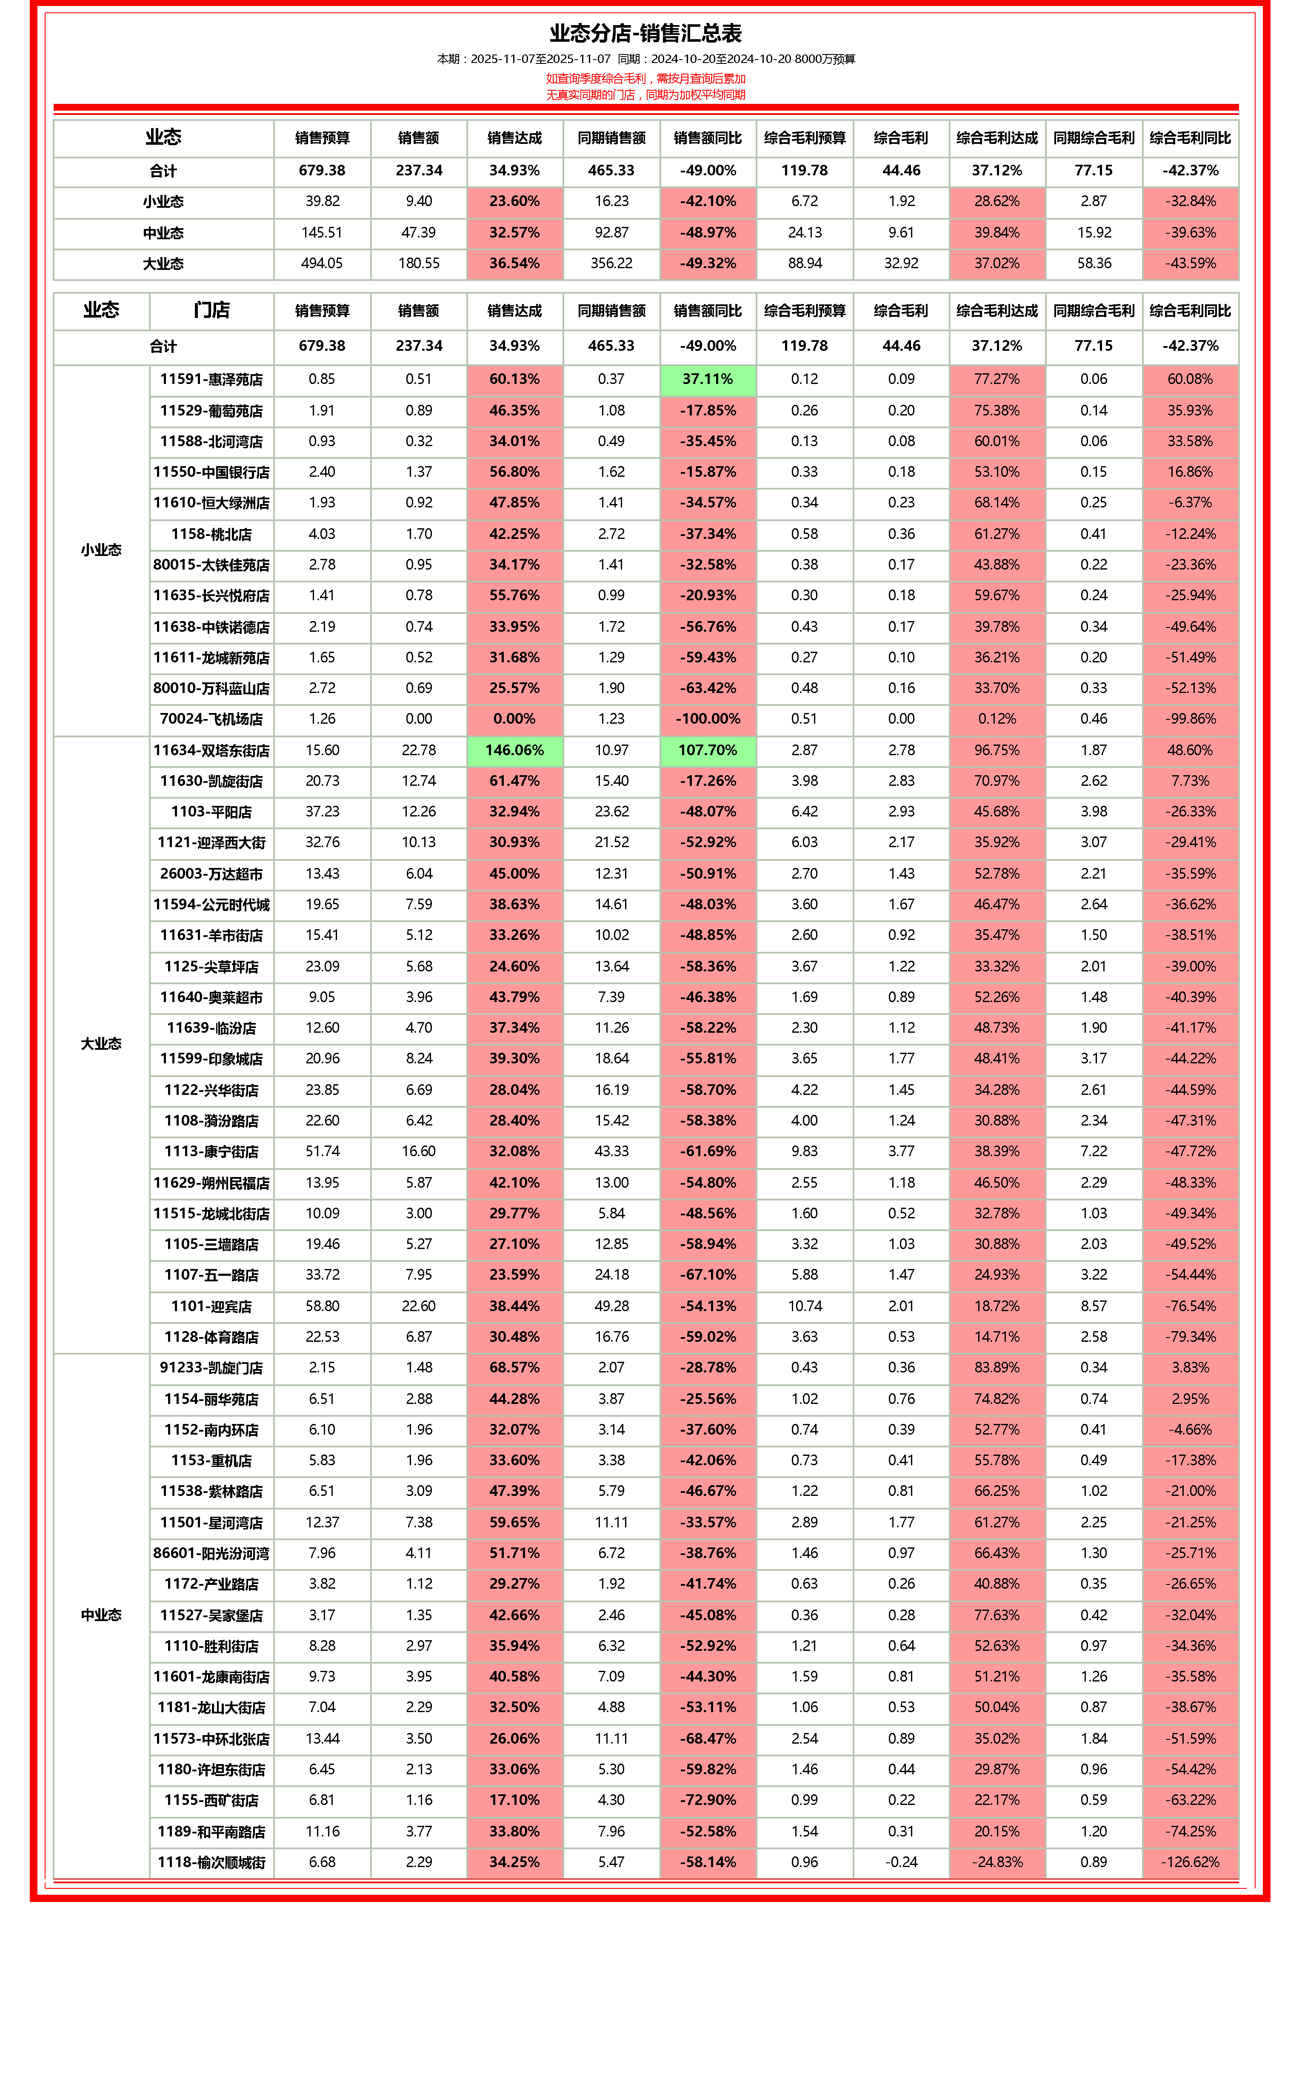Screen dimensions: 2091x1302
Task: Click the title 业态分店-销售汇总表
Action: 646,34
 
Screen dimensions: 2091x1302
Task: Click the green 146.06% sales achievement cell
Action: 514,750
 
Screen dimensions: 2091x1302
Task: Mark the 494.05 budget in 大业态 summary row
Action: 322,264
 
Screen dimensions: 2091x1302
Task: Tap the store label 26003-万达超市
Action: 211,874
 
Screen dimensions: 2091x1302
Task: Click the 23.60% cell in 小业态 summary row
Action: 514,202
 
